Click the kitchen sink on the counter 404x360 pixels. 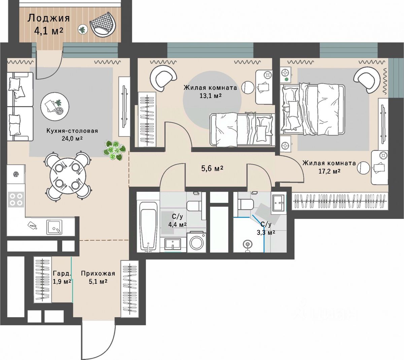54,227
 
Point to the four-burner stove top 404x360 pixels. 16,199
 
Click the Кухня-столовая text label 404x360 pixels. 72,131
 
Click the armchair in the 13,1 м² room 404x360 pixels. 164,78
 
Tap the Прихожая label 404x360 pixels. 98,273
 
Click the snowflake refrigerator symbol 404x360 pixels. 15,174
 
